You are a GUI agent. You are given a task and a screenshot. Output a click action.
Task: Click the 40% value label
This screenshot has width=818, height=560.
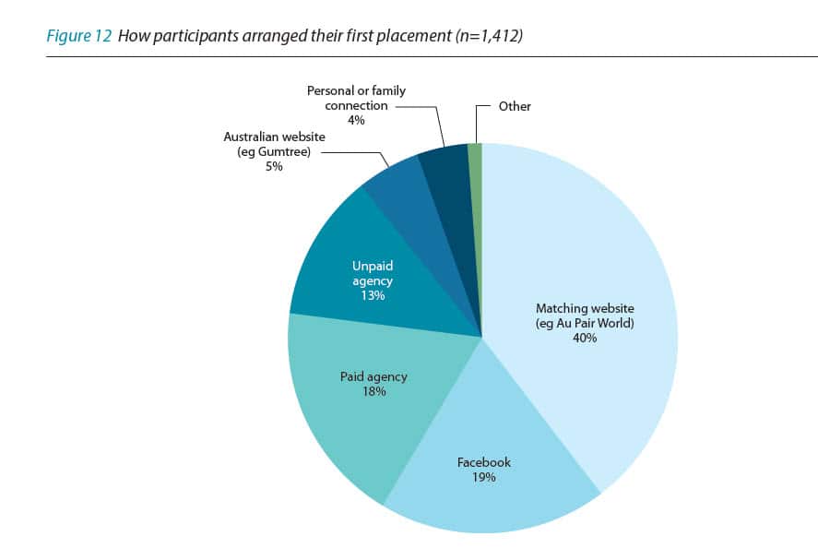pos(585,338)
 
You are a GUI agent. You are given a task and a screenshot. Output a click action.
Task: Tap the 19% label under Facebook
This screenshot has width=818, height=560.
pos(484,477)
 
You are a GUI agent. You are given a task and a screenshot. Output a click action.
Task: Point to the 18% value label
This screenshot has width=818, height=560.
pos(373,391)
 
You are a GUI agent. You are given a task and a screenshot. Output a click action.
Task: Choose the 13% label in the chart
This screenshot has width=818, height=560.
pos(373,295)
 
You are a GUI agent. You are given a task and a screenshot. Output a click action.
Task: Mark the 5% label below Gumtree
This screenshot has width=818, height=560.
pos(273,167)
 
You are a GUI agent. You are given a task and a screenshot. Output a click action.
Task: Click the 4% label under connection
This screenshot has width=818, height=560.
pos(356,120)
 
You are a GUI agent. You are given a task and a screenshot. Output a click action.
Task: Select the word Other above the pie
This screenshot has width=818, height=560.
pos(515,106)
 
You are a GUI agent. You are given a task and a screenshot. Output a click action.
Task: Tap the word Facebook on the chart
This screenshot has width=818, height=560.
pos(484,462)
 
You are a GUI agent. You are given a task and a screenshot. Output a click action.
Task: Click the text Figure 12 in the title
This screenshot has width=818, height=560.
pos(79,38)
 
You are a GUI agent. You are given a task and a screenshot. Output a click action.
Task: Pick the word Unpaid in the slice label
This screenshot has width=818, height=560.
pos(373,266)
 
